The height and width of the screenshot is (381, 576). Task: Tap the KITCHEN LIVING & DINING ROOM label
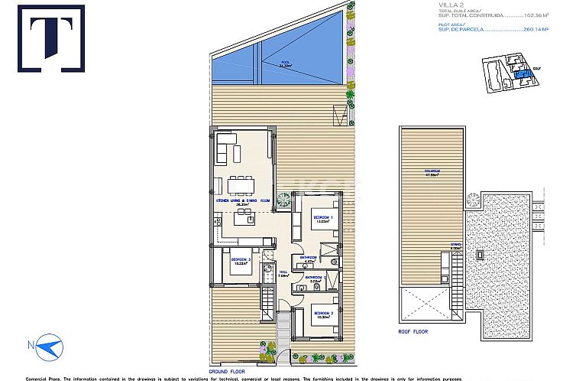[242, 200]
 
